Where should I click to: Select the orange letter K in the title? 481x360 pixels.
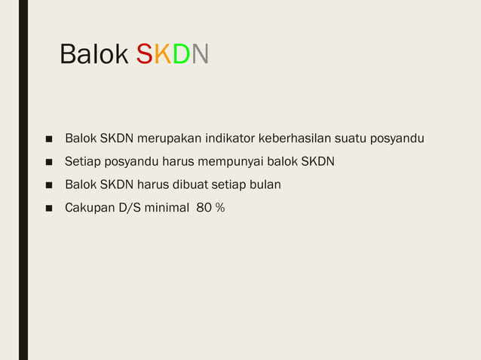[162, 55]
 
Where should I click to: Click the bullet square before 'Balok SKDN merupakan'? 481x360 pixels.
[47, 139]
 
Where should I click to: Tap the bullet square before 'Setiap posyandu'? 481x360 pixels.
[47, 162]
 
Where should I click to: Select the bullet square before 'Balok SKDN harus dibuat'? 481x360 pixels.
[47, 185]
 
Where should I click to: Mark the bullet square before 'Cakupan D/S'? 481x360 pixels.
[47, 207]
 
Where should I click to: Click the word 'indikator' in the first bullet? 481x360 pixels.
[231, 139]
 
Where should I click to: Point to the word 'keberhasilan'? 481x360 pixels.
[298, 139]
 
